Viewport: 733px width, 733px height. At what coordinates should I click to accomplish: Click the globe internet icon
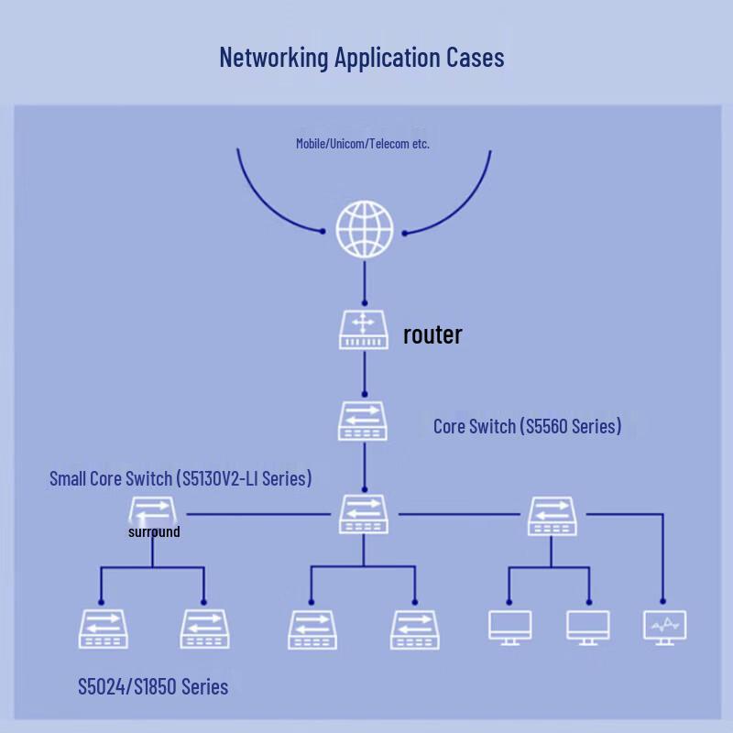[365, 230]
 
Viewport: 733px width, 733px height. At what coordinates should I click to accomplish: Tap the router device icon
[364, 330]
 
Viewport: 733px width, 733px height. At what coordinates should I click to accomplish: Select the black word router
[432, 334]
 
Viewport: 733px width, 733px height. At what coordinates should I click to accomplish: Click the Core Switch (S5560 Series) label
[528, 426]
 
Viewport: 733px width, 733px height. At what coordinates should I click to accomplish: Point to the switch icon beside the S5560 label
[363, 421]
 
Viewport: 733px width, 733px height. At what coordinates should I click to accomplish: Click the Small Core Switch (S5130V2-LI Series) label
[181, 478]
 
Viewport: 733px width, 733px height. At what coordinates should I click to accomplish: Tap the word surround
[154, 531]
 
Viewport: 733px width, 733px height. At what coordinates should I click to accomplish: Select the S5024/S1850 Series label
[153, 686]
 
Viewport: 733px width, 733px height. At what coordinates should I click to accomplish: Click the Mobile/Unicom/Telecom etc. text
[363, 143]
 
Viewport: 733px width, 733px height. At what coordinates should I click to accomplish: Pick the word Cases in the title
[475, 57]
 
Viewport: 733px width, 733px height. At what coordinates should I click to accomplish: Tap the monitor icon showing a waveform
[665, 628]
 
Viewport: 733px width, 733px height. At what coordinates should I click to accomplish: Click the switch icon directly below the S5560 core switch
[364, 514]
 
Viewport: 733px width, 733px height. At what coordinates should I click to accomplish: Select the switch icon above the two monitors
[552, 516]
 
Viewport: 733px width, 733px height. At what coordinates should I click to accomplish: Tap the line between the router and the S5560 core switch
[365, 374]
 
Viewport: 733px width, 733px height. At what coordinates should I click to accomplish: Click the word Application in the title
[387, 58]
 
